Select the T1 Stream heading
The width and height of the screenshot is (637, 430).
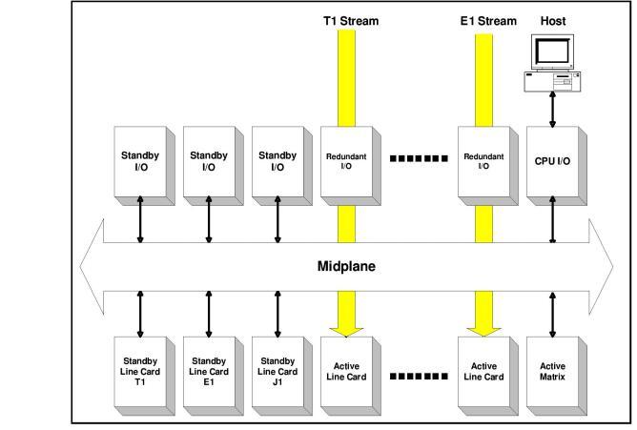354,20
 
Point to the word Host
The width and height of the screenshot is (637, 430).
553,20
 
